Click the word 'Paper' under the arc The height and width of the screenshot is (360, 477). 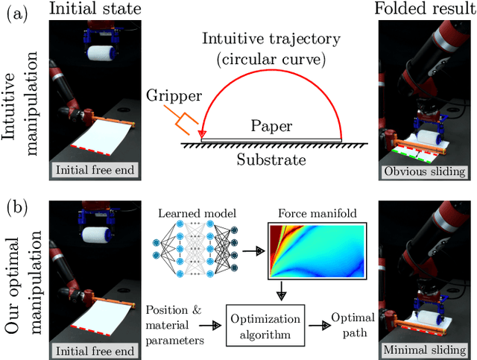[271, 127]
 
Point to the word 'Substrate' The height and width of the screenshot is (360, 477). [271, 159]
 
